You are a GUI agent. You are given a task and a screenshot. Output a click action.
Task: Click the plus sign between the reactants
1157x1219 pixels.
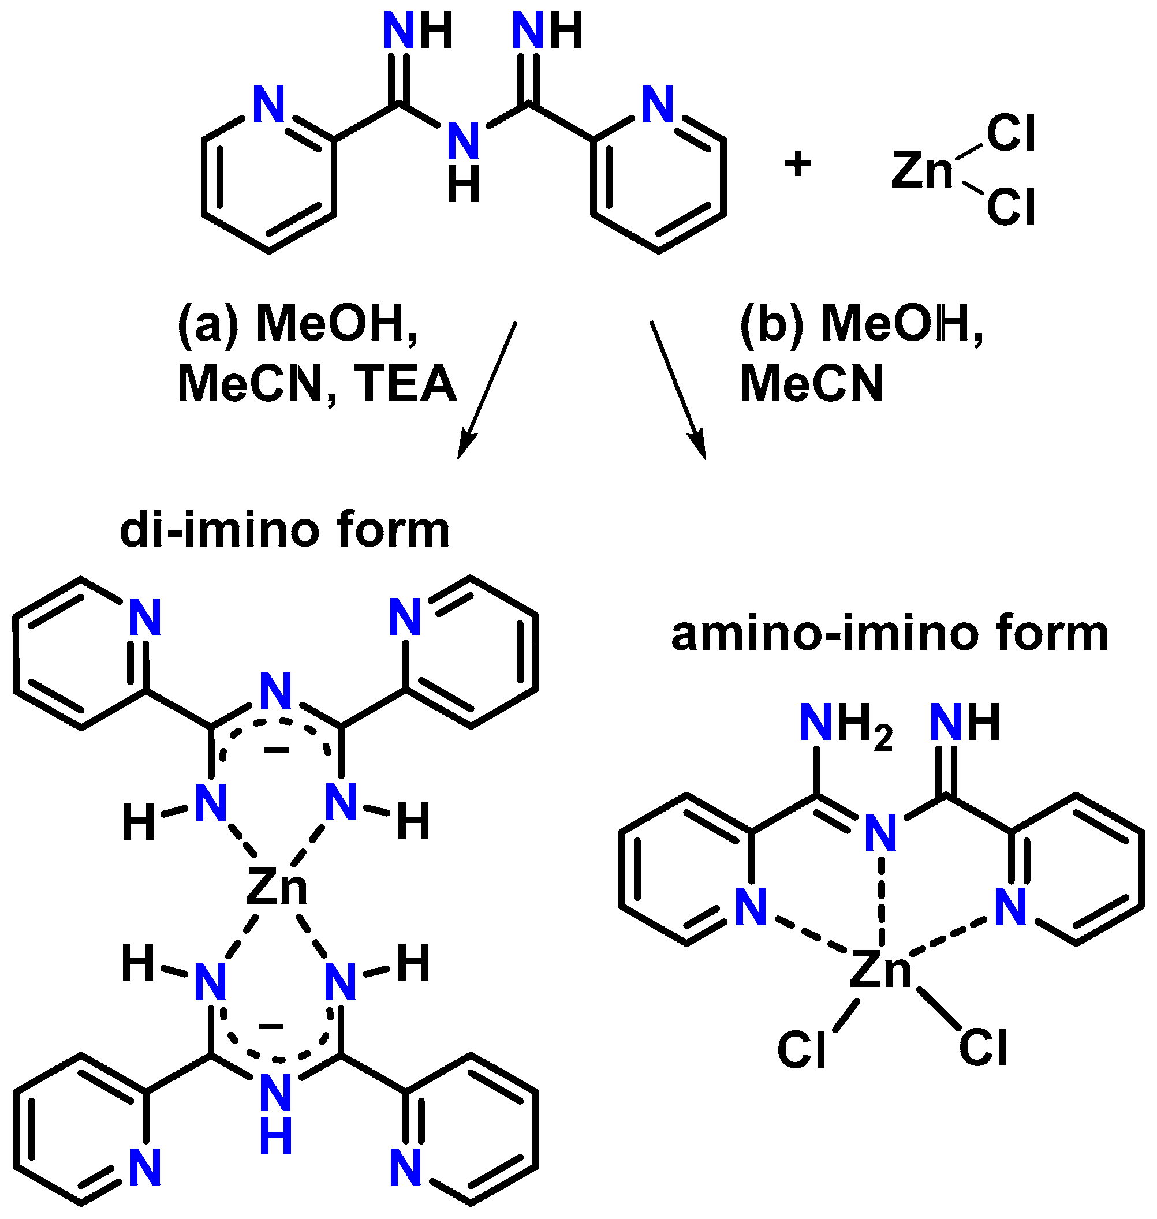(797, 164)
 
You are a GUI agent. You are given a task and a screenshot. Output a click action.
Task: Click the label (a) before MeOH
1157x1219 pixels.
(208, 324)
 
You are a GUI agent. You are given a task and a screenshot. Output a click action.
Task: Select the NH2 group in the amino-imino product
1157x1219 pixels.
(845, 724)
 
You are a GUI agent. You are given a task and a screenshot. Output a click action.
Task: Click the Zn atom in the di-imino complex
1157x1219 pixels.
(277, 888)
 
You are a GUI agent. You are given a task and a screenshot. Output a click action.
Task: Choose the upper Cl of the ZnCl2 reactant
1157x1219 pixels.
(1010, 133)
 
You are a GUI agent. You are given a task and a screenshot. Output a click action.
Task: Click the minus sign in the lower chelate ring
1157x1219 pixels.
(271, 1026)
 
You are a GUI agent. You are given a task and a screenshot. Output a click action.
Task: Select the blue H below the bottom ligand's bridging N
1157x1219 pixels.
(275, 1136)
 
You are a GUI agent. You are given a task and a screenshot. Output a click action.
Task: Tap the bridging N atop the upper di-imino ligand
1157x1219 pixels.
(275, 692)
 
